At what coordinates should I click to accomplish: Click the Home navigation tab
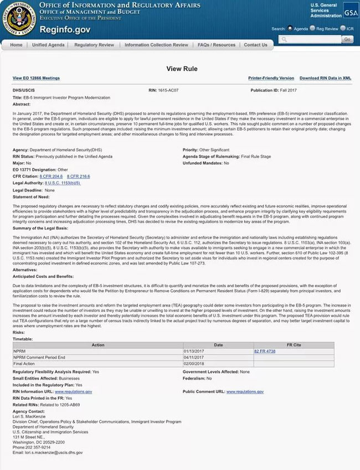[x=16, y=45]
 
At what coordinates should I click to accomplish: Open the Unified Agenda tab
[x=48, y=45]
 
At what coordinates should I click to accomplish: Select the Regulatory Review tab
[x=94, y=45]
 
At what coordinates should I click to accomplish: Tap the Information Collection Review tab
[x=156, y=45]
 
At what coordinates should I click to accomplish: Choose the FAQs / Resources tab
[x=217, y=45]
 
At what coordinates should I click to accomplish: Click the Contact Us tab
[x=255, y=45]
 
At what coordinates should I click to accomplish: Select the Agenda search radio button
[x=290, y=28]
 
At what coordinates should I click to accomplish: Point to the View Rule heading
[x=180, y=69]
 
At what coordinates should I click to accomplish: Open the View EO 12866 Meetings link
[x=36, y=79]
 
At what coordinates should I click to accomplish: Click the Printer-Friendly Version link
[x=271, y=79]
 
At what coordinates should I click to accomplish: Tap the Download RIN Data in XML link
[x=325, y=79]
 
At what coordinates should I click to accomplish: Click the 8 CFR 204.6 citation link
[x=51, y=176]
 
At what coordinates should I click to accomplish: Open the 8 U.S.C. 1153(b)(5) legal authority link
[x=63, y=183]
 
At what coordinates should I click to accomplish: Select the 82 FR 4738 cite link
[x=265, y=352]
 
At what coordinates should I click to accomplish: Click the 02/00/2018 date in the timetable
[x=194, y=364]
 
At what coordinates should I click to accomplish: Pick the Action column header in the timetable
[x=97, y=345]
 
